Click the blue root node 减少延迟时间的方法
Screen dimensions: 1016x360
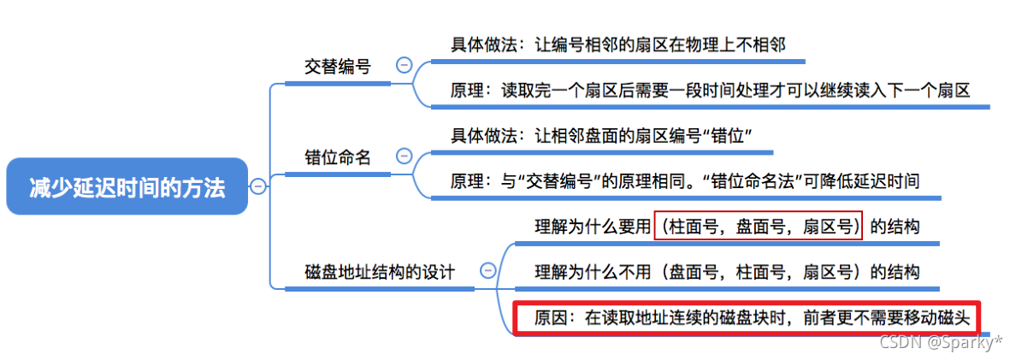tap(127, 187)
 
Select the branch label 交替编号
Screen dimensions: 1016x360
tap(338, 66)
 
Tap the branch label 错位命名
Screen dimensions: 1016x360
tap(338, 157)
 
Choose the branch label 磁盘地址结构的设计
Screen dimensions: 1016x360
tap(379, 272)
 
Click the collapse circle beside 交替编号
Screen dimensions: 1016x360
tap(403, 65)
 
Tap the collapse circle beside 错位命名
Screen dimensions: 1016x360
tap(403, 156)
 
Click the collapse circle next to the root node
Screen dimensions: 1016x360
tap(257, 186)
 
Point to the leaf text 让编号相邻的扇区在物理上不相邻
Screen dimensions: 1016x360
tap(625, 44)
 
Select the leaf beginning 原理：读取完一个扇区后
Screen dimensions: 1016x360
tap(710, 89)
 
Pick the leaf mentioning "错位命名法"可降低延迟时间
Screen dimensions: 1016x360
tap(684, 180)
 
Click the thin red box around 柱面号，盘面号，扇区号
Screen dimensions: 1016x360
tap(759, 226)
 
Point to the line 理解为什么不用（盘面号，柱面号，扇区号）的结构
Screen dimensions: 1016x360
tap(727, 272)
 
